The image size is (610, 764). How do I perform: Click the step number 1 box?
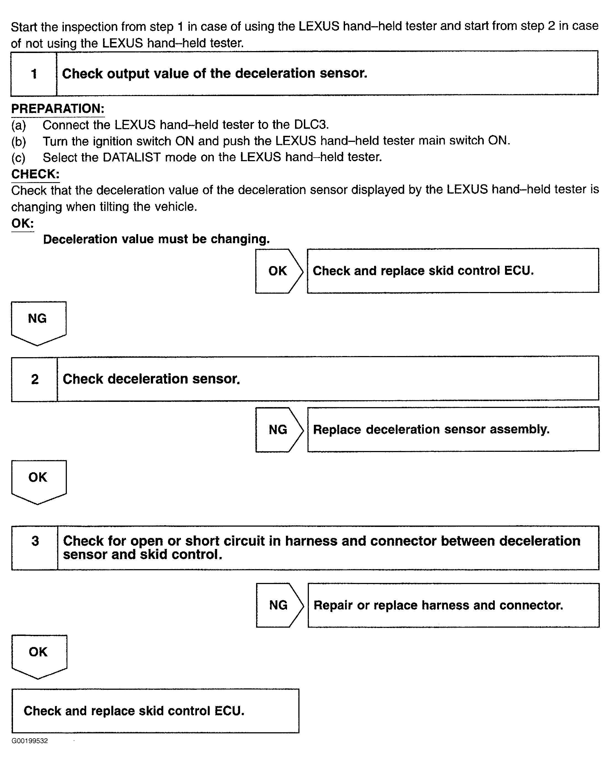tap(34, 74)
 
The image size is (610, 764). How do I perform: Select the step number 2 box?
tap(35, 379)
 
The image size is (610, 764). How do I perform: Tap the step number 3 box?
tap(35, 548)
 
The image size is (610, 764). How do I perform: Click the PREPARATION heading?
tap(58, 108)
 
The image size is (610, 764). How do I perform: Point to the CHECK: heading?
tap(35, 174)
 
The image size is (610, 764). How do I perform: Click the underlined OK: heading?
tap(23, 223)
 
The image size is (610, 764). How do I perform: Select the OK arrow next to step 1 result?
tap(279, 271)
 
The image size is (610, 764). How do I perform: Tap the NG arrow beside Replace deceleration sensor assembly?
tap(279, 430)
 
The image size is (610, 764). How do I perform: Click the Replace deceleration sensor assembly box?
tap(453, 429)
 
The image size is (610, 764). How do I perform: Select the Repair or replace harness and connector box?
tap(453, 605)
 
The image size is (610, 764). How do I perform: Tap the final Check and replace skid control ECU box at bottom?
tap(155, 711)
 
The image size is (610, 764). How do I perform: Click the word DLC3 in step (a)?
tap(311, 125)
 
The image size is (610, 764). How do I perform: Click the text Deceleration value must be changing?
tap(156, 239)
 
